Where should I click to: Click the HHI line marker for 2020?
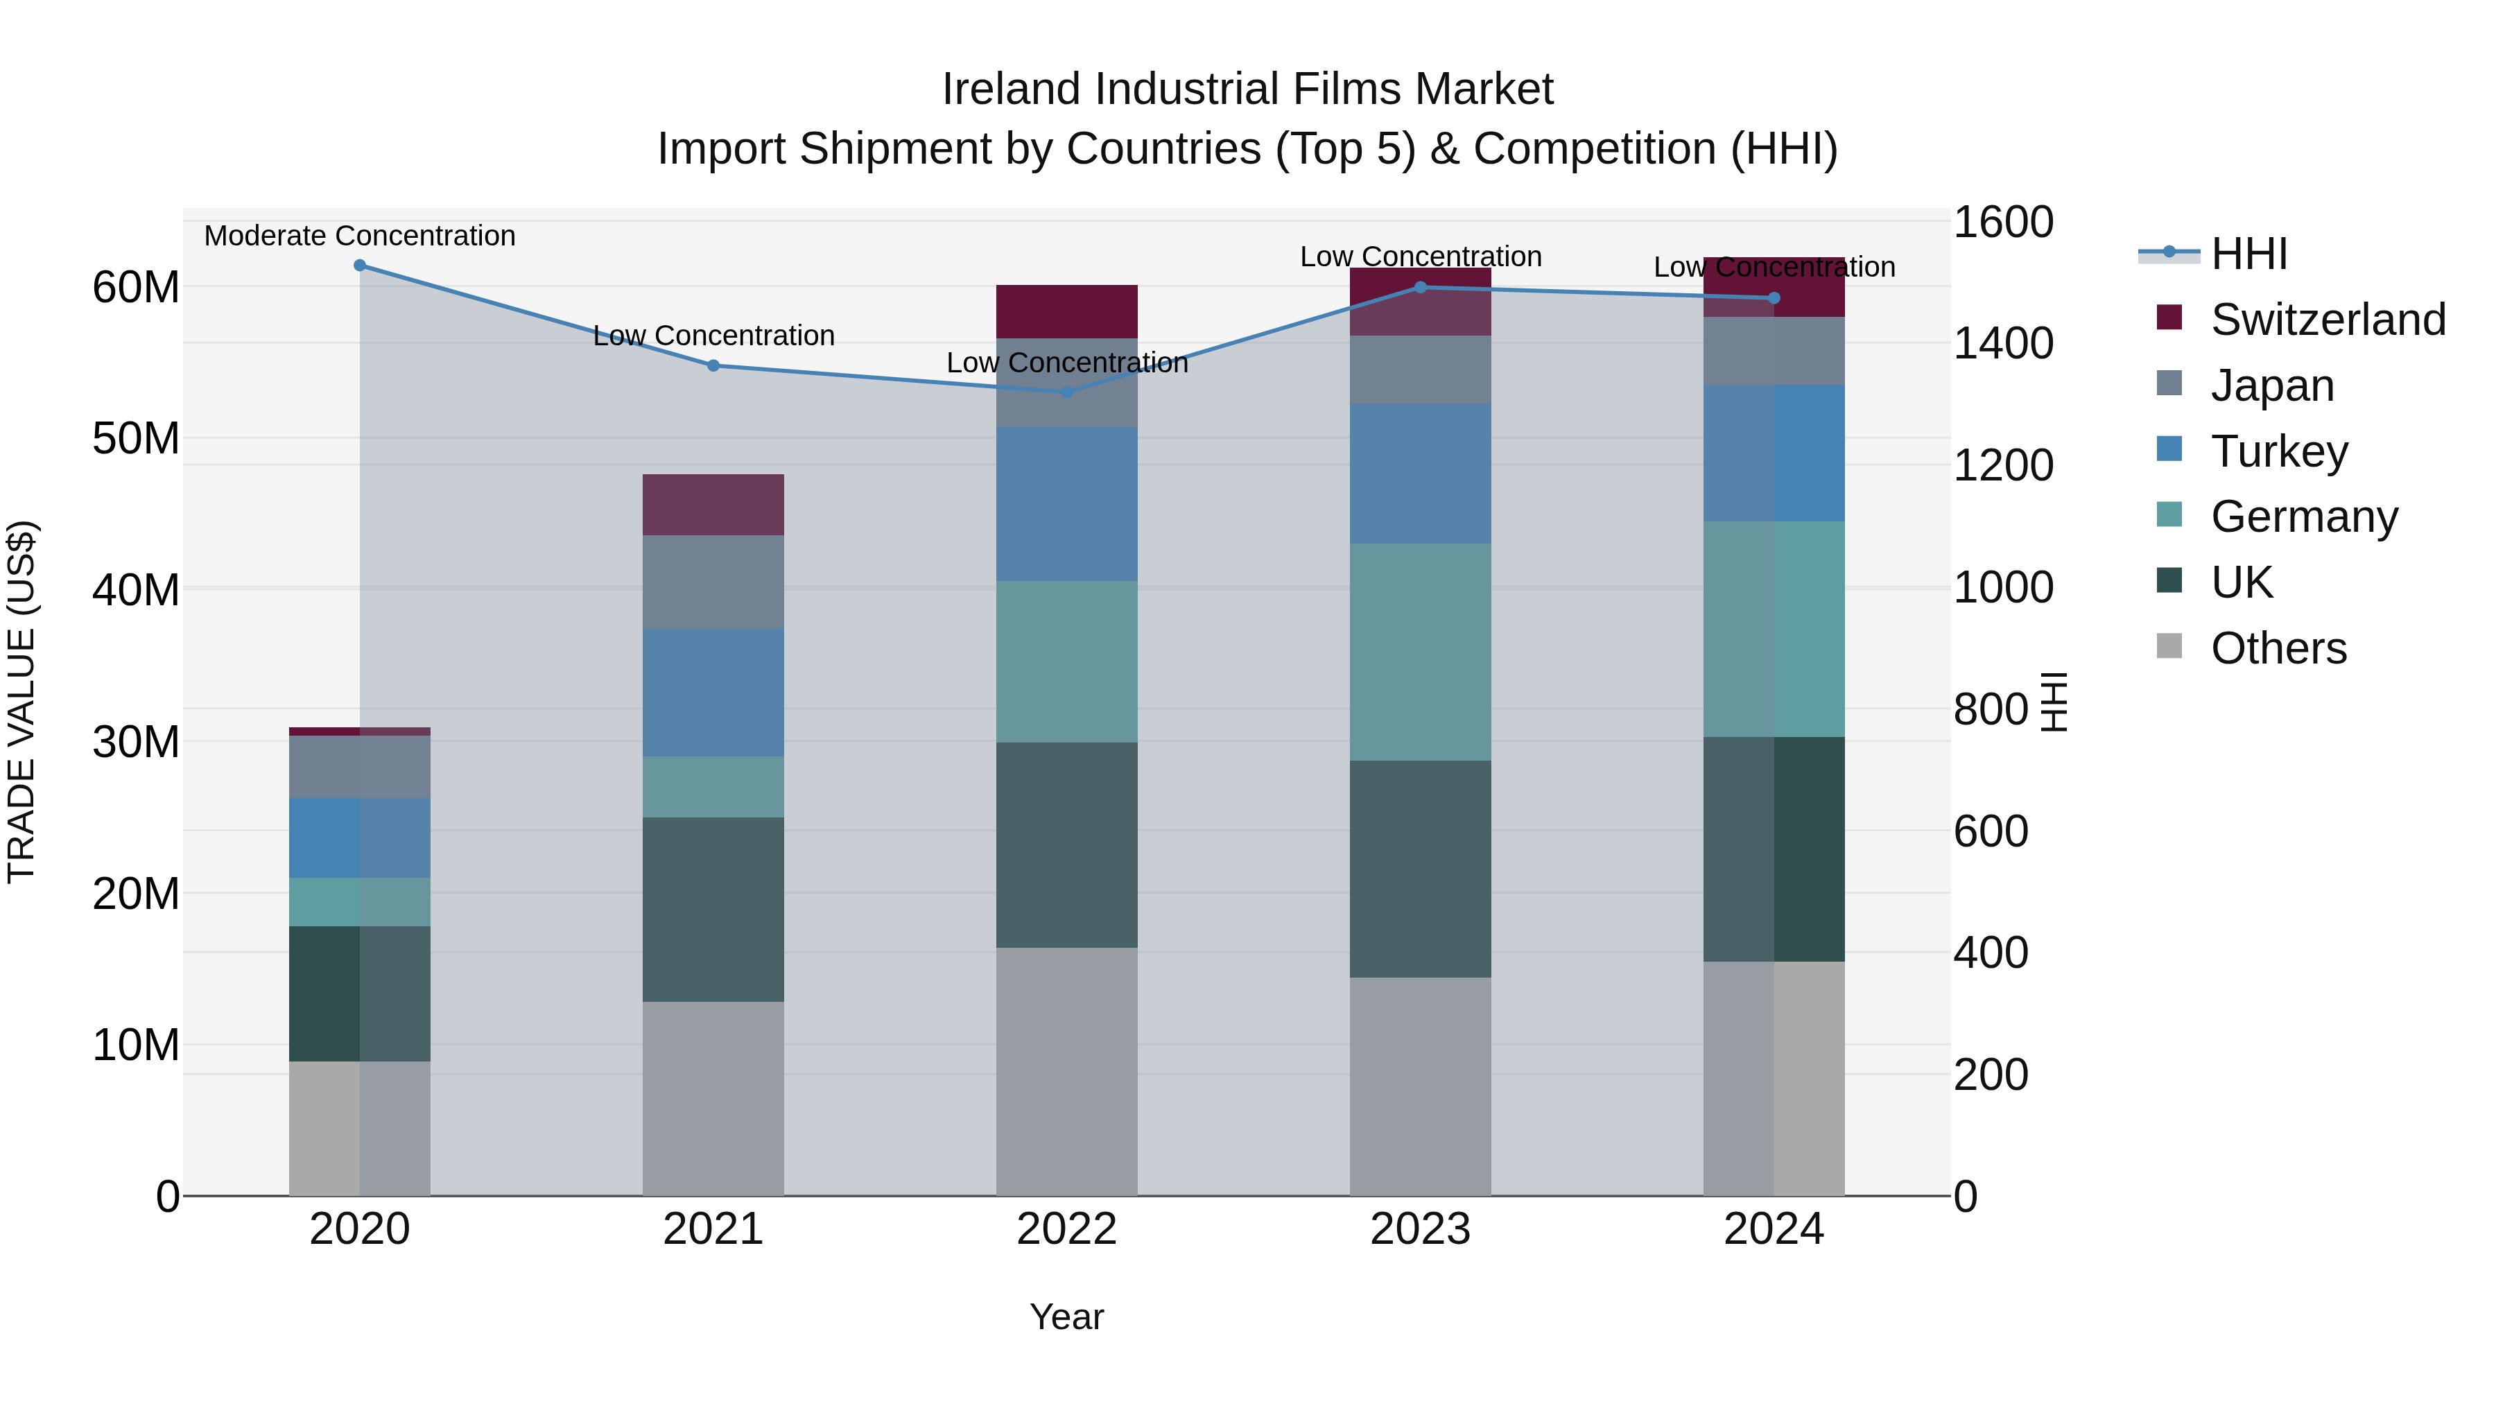(x=359, y=266)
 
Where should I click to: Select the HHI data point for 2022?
(x=1067, y=392)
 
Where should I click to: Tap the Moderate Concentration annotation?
(x=359, y=236)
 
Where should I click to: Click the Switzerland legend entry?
(x=2328, y=320)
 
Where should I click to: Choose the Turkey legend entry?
(x=2279, y=451)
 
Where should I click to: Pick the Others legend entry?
(x=2278, y=648)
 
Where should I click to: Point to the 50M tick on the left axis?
(x=136, y=439)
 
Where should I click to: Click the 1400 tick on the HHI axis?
(x=2002, y=343)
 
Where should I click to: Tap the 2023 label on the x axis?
(x=1419, y=1229)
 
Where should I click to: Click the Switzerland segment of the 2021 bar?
(x=713, y=505)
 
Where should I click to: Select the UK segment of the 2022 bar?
(x=1067, y=845)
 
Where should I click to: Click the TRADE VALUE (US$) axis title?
(x=21, y=702)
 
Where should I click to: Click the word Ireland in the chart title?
(x=1012, y=89)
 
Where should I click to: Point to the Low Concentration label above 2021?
(x=713, y=336)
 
